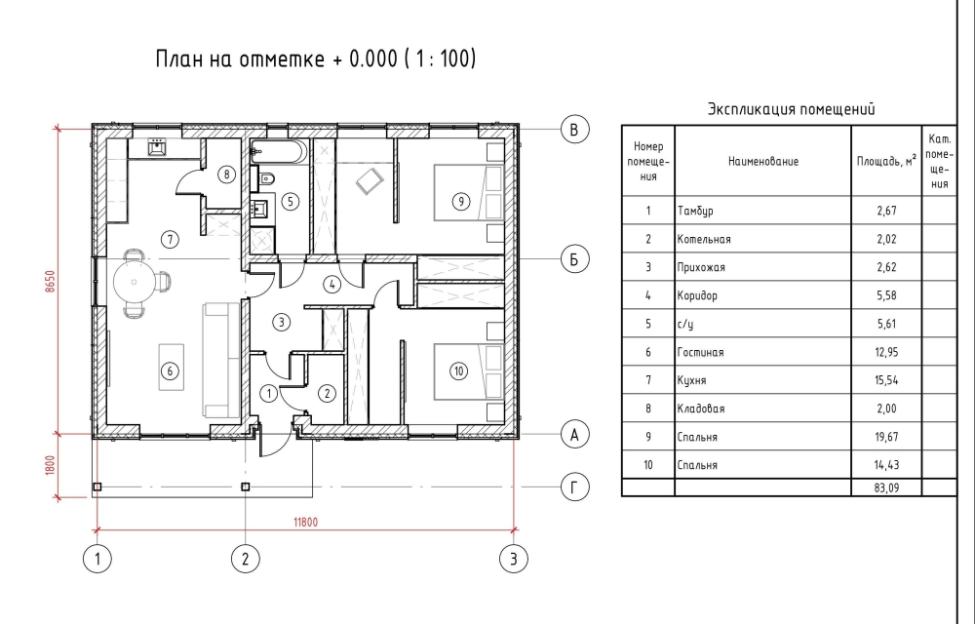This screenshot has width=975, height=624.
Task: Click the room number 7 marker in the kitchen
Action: click(x=170, y=239)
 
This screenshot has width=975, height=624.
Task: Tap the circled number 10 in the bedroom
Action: click(x=458, y=371)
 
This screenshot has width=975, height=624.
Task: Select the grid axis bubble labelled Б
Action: click(x=574, y=258)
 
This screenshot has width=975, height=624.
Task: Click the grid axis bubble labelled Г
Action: click(x=574, y=487)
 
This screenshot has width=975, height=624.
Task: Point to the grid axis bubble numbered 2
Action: click(x=245, y=559)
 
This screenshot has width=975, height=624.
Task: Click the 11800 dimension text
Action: click(x=306, y=522)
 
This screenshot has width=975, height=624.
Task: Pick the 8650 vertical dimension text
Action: click(x=51, y=281)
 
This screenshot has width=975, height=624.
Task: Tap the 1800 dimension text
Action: click(x=51, y=465)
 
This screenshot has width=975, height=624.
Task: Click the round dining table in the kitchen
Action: click(x=134, y=282)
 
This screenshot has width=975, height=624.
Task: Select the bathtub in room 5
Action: click(x=279, y=152)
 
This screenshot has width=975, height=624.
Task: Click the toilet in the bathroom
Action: click(x=265, y=179)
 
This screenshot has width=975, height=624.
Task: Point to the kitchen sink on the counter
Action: click(x=156, y=146)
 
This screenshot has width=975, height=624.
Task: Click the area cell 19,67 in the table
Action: click(x=886, y=437)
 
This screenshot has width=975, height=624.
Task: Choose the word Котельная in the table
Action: click(x=704, y=239)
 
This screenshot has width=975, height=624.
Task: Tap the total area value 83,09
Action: click(x=886, y=487)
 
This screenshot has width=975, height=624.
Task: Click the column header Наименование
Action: click(x=763, y=162)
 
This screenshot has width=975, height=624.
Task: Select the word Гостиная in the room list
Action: click(x=700, y=352)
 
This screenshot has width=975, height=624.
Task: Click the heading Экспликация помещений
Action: click(x=791, y=109)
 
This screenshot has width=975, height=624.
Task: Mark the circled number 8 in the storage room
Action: click(x=226, y=175)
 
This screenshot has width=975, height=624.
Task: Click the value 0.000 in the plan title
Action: click(x=373, y=58)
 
